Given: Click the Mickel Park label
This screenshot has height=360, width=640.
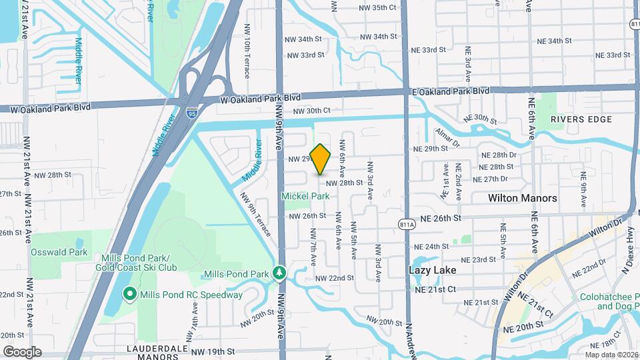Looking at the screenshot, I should click(305, 197).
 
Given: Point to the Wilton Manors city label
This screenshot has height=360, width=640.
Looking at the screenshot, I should click(522, 198).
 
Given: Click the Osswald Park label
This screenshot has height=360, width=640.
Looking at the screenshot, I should click(59, 252).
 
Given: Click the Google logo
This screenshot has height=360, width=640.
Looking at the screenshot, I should click(22, 351).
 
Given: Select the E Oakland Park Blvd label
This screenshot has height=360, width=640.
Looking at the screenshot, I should click(451, 91).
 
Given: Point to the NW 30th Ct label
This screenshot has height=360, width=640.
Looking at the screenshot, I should click(311, 111).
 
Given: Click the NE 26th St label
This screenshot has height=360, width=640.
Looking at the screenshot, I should click(441, 217).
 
